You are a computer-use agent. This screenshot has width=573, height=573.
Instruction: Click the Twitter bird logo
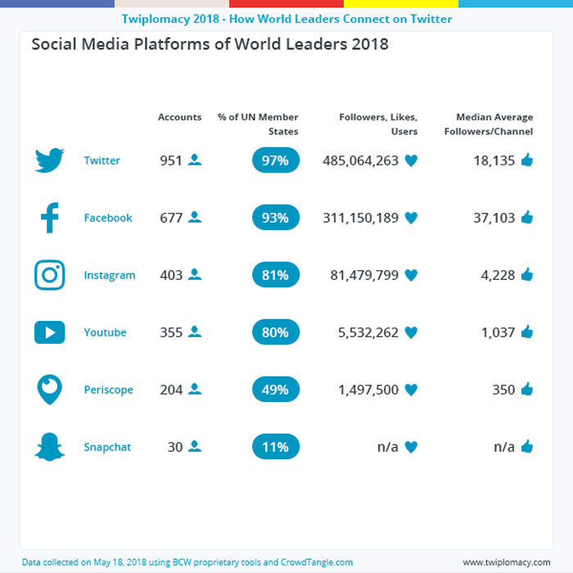pyautogui.click(x=49, y=160)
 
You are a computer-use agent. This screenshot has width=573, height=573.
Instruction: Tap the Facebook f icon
pyautogui.click(x=49, y=218)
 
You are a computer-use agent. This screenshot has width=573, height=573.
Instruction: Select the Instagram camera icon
pyautogui.click(x=49, y=275)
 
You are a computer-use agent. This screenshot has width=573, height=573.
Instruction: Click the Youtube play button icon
pyautogui.click(x=49, y=332)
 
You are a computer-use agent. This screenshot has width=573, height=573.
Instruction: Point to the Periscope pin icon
pyautogui.click(x=49, y=390)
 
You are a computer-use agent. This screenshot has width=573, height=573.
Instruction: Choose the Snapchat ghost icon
pyautogui.click(x=49, y=447)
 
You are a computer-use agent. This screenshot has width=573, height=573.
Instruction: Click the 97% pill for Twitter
pyautogui.click(x=276, y=160)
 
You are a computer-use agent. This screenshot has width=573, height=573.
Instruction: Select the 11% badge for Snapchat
pyautogui.click(x=276, y=447)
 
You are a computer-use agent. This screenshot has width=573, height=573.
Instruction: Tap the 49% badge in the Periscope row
pyautogui.click(x=276, y=390)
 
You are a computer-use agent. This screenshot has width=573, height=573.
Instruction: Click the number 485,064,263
pyautogui.click(x=360, y=160)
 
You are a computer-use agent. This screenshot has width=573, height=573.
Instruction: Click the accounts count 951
pyautogui.click(x=171, y=160)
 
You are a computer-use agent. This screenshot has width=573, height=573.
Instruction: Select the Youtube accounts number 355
pyautogui.click(x=171, y=332)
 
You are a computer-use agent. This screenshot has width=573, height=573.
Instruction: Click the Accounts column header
pyautogui.click(x=179, y=117)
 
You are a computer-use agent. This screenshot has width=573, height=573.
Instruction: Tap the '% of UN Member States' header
pyautogui.click(x=258, y=124)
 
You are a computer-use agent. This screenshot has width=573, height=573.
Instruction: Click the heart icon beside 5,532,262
pyautogui.click(x=411, y=332)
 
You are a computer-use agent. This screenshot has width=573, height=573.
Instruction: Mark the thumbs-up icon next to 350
pyautogui.click(x=526, y=390)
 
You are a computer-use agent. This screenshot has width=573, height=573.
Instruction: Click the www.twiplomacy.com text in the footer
pyautogui.click(x=506, y=562)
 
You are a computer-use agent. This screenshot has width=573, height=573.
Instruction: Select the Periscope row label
pyautogui.click(x=108, y=390)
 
